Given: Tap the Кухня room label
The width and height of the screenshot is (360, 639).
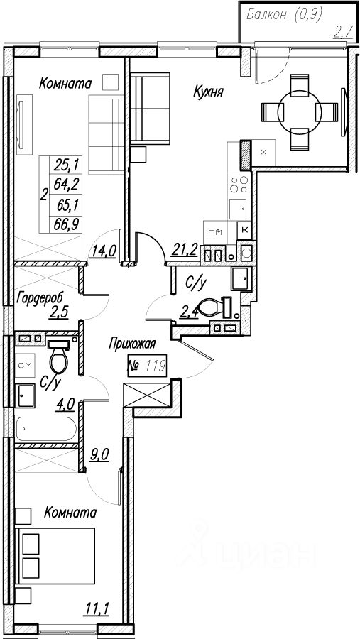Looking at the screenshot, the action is [x=208, y=92].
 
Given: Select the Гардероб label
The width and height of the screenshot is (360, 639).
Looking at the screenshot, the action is [x=40, y=298].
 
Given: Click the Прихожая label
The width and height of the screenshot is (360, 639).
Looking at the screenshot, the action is [x=132, y=344].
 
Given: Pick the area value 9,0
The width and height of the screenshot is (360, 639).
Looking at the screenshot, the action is [x=99, y=453].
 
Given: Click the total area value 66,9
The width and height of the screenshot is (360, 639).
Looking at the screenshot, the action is [x=65, y=224].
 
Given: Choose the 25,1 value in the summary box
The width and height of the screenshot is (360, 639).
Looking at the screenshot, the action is [x=65, y=165].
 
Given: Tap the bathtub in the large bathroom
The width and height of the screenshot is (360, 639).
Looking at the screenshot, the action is [x=46, y=429].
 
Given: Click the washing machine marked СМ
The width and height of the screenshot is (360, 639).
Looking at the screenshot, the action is [x=26, y=364].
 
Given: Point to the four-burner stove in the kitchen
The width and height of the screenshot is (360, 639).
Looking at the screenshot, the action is [x=239, y=184].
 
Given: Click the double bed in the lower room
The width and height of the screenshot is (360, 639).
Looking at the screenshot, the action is [x=55, y=556].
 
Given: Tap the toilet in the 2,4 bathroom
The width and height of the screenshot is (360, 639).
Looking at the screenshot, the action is [x=212, y=307].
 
